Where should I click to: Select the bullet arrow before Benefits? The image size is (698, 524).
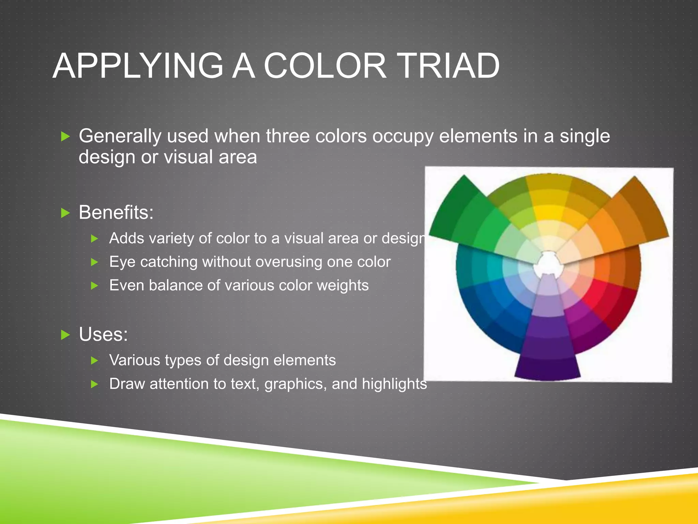(x=65, y=213)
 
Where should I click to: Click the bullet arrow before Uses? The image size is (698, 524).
(x=65, y=335)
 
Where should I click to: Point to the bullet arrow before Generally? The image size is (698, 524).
(x=65, y=137)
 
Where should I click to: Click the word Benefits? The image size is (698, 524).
(x=116, y=213)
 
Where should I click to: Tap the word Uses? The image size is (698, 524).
(x=103, y=334)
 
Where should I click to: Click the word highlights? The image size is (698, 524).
(x=394, y=384)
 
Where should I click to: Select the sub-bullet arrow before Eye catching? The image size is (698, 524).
(x=95, y=262)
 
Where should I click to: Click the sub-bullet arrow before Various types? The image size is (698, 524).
(x=95, y=361)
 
